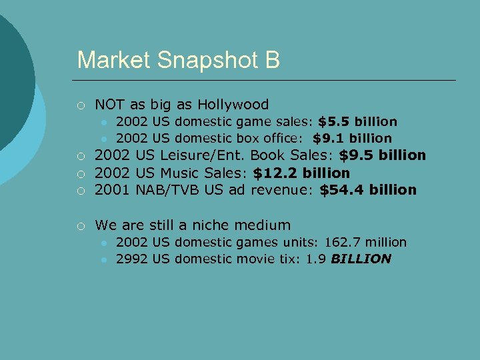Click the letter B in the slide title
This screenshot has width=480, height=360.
272,60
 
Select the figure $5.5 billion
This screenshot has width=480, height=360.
357,121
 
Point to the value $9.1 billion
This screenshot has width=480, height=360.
352,138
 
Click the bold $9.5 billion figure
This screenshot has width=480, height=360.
382,155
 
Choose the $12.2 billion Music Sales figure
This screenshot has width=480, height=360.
301,173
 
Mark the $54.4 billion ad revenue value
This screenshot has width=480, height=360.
368,190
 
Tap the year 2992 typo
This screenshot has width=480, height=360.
131,259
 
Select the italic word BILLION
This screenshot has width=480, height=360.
360,259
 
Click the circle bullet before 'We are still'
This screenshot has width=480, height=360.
80,225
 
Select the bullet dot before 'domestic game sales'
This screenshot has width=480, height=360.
104,122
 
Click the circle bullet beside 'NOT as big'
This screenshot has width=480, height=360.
80,105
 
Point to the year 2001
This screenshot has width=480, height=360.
113,190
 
